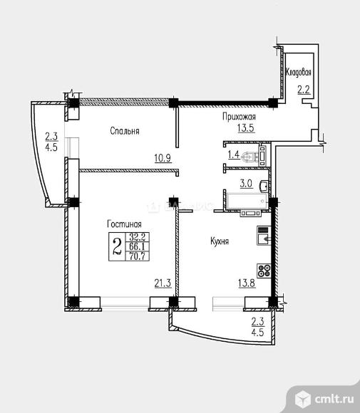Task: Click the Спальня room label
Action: (x=125, y=131)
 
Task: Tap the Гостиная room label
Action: (x=124, y=224)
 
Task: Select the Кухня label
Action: (x=220, y=241)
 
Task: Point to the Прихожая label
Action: (x=239, y=116)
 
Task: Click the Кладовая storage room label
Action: (x=299, y=72)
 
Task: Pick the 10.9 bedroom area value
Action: (x=163, y=158)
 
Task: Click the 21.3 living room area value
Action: (x=163, y=283)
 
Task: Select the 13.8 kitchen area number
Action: (x=247, y=283)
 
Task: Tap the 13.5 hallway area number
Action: (x=246, y=128)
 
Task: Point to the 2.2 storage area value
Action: (x=303, y=90)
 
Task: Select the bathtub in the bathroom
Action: (x=247, y=202)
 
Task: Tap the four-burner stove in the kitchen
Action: (x=264, y=271)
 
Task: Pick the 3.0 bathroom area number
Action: (x=247, y=184)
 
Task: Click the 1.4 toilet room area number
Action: (x=234, y=155)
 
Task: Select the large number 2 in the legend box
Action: (x=118, y=246)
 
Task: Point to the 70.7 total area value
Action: (x=138, y=256)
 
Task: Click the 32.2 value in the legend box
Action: (x=138, y=237)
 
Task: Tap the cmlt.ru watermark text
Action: (x=334, y=399)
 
